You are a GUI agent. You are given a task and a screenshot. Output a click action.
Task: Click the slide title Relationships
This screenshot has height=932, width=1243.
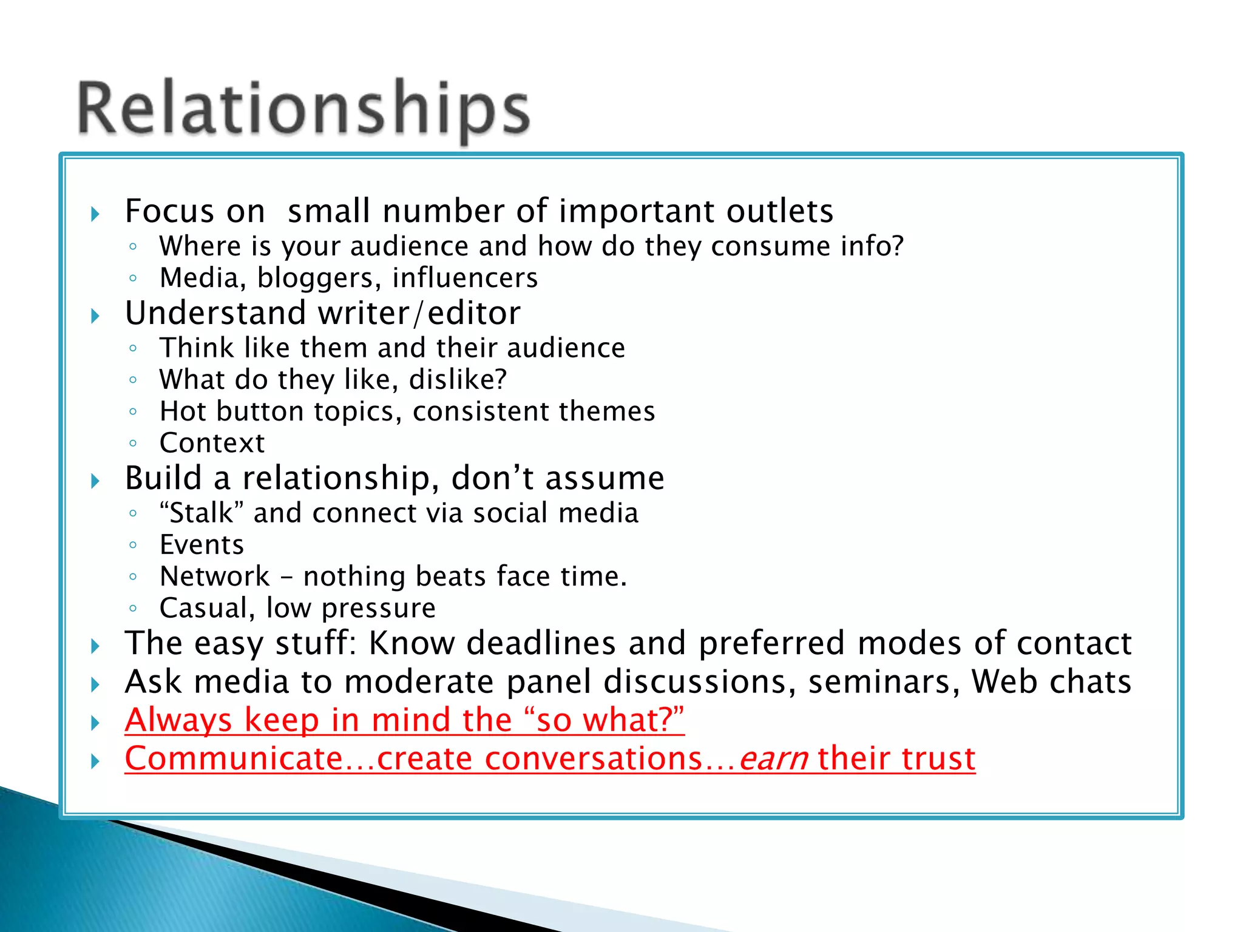coord(303,109)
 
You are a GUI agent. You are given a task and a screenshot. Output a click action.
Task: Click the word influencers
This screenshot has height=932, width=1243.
coord(465,278)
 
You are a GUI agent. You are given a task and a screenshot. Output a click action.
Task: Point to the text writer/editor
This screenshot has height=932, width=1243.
coord(419,313)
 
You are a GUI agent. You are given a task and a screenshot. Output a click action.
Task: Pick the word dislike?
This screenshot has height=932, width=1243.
coord(458,380)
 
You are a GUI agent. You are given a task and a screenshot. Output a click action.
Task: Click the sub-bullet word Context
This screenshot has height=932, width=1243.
coord(212,443)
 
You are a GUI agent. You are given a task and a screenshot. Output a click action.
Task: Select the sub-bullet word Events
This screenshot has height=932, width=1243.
coord(202,545)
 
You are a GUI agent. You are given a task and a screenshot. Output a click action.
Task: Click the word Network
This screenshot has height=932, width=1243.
coord(214,576)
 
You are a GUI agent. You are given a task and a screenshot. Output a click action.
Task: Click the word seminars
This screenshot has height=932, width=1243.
coord(884,682)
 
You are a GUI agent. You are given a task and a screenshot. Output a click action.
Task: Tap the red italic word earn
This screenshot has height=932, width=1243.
coord(773,759)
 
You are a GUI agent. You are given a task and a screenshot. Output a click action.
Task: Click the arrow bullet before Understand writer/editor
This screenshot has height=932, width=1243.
coord(95,316)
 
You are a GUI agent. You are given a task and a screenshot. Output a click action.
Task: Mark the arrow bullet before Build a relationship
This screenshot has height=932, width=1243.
coord(95,481)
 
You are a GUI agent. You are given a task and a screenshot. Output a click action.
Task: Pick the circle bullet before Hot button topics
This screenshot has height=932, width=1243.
coord(133,412)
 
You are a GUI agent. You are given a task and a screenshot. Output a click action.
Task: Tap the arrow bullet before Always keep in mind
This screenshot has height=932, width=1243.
coord(95,723)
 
